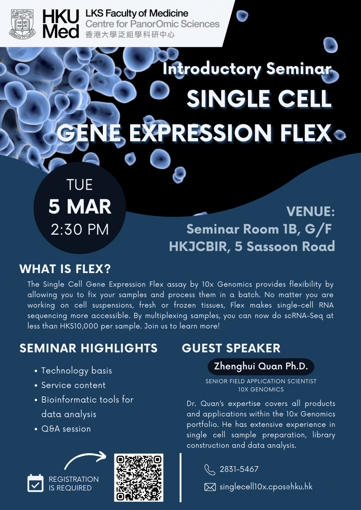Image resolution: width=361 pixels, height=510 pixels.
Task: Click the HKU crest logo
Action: pyautogui.click(x=22, y=24)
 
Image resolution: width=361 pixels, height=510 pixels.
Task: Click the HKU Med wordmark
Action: pyautogui.click(x=61, y=24)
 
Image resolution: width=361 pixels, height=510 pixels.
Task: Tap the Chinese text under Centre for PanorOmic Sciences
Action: pyautogui.click(x=130, y=35)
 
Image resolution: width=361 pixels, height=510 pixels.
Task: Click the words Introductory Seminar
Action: pyautogui.click(x=247, y=69)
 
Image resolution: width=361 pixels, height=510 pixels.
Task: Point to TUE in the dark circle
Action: pyautogui.click(x=79, y=185)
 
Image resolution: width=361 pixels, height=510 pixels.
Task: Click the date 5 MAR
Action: pyautogui.click(x=80, y=207)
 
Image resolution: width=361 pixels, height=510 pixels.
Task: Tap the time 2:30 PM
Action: pyautogui.click(x=80, y=230)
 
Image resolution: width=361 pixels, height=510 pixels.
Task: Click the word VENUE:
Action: pyautogui.click(x=310, y=212)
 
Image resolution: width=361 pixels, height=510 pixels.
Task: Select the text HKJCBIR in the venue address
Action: pyautogui.click(x=198, y=247)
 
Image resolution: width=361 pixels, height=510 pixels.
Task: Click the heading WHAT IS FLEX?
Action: pyautogui.click(x=65, y=269)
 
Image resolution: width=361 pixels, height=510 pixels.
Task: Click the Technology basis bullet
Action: pyautogui.click(x=76, y=371)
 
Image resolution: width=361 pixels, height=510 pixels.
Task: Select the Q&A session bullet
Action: pyautogui.click(x=66, y=429)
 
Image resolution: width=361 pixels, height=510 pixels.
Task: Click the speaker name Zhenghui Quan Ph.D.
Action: pyautogui.click(x=261, y=366)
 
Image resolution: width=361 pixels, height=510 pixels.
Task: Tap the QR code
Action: pyautogui.click(x=139, y=477)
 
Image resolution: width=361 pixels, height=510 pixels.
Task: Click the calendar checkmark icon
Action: pyautogui.click(x=35, y=483)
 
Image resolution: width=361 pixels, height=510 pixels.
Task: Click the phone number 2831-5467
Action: pyautogui.click(x=239, y=469)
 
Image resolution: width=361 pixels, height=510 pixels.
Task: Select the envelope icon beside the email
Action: pyautogui.click(x=210, y=487)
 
